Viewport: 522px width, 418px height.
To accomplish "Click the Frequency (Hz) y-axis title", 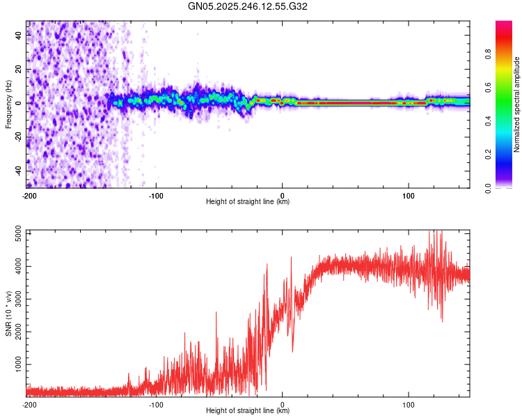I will coord(8,104).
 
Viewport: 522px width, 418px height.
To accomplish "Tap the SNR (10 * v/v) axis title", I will coord(8,313).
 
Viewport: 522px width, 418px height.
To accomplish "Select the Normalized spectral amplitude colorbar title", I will coord(517,104).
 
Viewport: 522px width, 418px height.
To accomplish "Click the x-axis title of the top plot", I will coord(248,201).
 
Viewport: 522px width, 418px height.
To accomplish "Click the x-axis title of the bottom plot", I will coord(248,410).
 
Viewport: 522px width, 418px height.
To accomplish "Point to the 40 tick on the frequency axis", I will coord(19,36).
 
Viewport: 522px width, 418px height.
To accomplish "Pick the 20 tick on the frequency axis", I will coord(19,70).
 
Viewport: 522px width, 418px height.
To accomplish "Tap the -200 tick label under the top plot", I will coord(29,195).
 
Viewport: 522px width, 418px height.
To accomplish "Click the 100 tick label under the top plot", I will coord(409,195).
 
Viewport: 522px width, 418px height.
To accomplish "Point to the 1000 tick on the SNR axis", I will coord(15,364).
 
